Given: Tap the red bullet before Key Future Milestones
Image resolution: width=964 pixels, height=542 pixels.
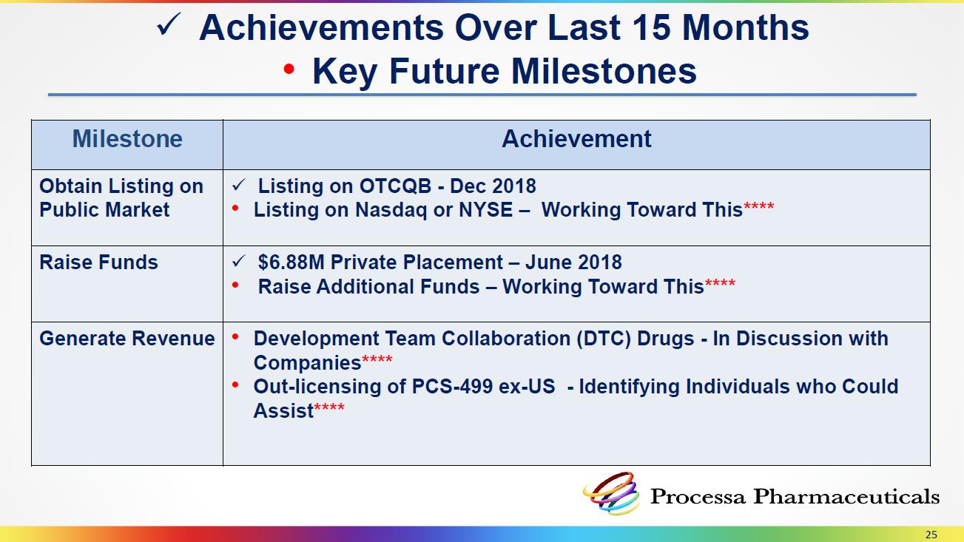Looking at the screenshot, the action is [x=289, y=70].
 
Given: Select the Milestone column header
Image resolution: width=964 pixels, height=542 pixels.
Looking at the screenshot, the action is [x=127, y=139].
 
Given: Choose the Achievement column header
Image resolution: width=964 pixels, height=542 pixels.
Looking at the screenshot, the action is [x=576, y=139].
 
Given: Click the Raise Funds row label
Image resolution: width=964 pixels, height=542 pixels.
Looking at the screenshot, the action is [x=98, y=262].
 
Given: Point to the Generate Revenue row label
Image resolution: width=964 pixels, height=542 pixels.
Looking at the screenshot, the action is [x=127, y=339].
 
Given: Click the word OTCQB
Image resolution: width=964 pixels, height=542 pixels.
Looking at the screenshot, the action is [x=395, y=186].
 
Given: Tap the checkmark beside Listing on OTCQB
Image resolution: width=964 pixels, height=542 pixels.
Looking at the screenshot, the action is [x=238, y=186].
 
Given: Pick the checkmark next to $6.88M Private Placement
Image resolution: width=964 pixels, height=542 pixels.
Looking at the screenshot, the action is [x=238, y=261].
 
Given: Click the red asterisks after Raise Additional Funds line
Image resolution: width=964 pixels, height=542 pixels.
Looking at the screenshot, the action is [x=720, y=284].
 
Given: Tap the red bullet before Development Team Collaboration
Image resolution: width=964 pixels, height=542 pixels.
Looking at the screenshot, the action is [x=235, y=336].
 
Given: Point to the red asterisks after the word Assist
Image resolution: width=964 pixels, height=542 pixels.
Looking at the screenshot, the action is [x=328, y=407].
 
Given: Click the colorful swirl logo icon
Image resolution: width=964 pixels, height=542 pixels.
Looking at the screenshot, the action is [x=611, y=494].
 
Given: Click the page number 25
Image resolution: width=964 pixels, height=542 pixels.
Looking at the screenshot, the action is [x=931, y=535].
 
